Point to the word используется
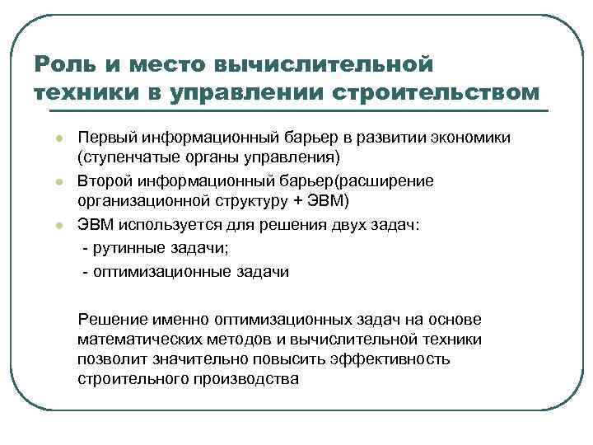161,222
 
